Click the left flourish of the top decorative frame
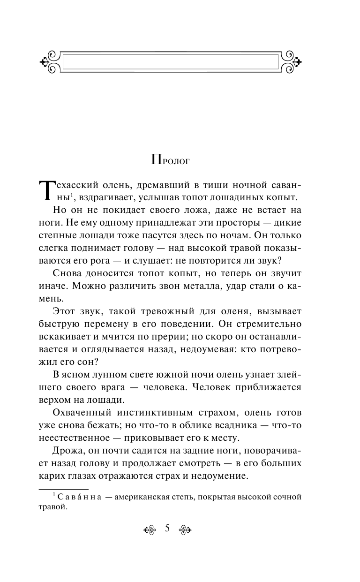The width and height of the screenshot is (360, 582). [49, 61]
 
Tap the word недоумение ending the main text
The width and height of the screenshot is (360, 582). [222, 476]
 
